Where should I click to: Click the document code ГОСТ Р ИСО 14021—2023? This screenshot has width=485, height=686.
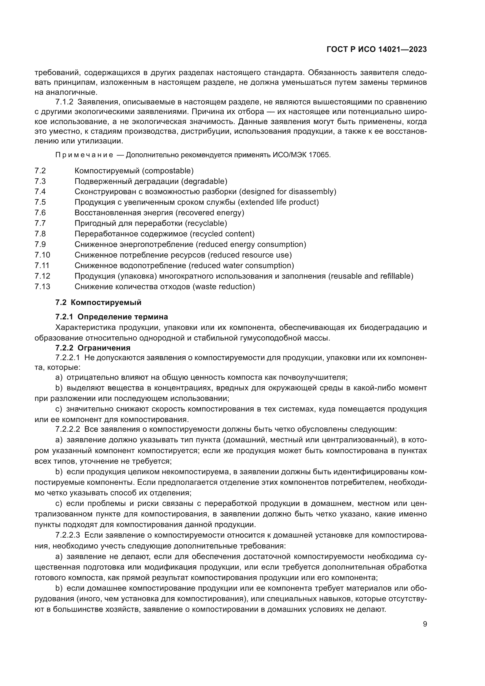click(377, 49)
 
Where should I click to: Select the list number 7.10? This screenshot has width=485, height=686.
click(42, 255)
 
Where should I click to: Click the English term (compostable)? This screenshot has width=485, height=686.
click(167, 171)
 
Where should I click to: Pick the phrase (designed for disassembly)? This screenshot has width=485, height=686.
click(288, 192)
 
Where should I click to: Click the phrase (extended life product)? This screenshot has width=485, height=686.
click(278, 202)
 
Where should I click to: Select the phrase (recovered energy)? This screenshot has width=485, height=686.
click(210, 213)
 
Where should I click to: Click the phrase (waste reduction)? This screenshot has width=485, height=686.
click(224, 287)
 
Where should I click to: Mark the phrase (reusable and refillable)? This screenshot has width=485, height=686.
click(371, 276)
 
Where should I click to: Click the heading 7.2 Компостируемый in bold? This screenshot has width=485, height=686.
click(98, 302)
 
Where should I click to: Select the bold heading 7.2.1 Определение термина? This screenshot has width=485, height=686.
click(112, 317)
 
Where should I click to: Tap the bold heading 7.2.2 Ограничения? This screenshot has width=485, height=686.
click(93, 348)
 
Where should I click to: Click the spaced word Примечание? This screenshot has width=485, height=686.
click(84, 155)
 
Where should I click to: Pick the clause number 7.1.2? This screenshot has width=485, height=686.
click(64, 102)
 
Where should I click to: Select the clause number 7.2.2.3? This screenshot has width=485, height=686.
click(67, 535)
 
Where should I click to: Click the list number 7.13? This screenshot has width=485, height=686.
click(42, 287)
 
